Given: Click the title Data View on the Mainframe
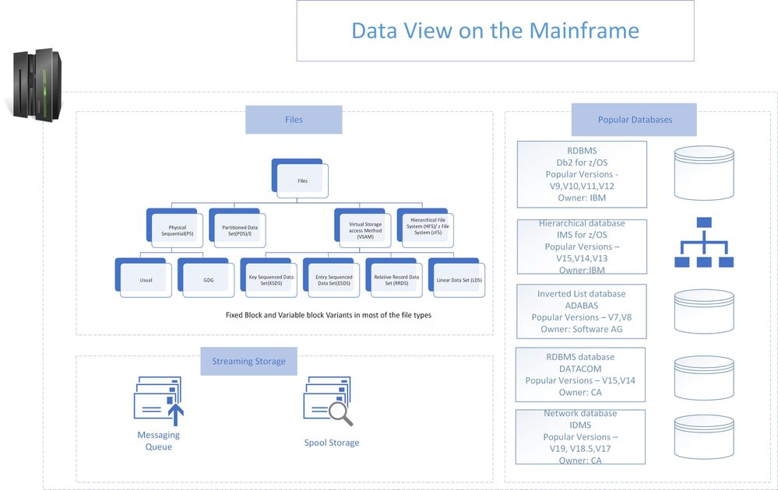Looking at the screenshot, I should tap(495, 31).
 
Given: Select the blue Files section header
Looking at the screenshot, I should tap(294, 120).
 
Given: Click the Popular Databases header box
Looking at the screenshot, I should tap(634, 120).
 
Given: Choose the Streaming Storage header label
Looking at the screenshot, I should tap(248, 361).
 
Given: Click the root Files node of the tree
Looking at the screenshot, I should tap(303, 180).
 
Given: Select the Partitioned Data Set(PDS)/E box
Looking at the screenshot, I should tap(239, 230).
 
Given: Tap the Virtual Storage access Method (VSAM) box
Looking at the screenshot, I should tap(364, 230).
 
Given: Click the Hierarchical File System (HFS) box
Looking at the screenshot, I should tap(428, 229).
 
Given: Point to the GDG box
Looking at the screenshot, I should tap(208, 279).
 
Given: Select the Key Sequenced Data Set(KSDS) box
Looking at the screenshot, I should tap(271, 279).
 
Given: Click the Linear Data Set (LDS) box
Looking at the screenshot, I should tap(459, 279).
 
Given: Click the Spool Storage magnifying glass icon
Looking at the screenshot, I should tap(328, 401).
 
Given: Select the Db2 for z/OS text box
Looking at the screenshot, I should tap(582, 174).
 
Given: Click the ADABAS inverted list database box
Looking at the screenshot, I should tap(582, 311).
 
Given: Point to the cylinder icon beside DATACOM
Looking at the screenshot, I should tap(704, 377).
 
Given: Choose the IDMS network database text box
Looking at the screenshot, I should tap(580, 437).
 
